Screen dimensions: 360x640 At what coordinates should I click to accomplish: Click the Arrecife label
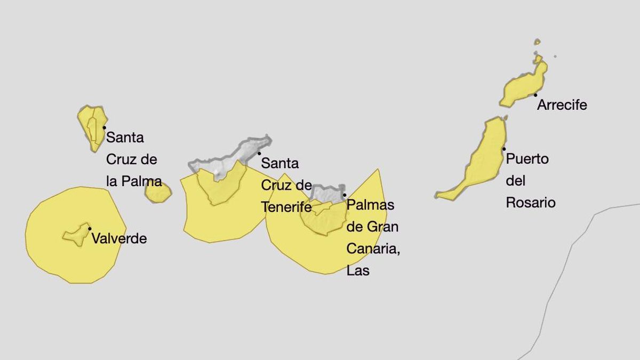tap(562, 105)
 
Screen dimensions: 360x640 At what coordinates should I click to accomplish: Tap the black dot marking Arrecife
tap(535, 95)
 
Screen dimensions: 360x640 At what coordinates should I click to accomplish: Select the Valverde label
tap(119, 238)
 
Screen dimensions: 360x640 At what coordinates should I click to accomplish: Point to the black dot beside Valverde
tap(90, 229)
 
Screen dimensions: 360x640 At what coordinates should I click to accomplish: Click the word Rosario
tap(531, 203)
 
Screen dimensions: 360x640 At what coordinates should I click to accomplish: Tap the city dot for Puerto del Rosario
tap(504, 149)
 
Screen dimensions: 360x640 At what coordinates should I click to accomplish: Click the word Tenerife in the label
tap(286, 207)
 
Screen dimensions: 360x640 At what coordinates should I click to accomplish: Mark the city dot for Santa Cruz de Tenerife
tap(259, 153)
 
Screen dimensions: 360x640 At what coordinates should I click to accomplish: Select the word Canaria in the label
tap(373, 249)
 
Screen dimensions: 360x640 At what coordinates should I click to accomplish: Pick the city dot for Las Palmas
tap(345, 195)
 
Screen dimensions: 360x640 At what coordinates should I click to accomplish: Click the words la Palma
tap(134, 181)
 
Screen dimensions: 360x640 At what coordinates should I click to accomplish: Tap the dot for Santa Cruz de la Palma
tap(105, 128)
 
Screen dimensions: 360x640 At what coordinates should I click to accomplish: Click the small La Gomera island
tap(158, 193)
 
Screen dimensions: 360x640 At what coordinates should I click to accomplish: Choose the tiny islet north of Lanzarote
tap(537, 42)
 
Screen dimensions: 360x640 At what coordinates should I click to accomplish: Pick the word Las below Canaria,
tap(358, 270)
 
